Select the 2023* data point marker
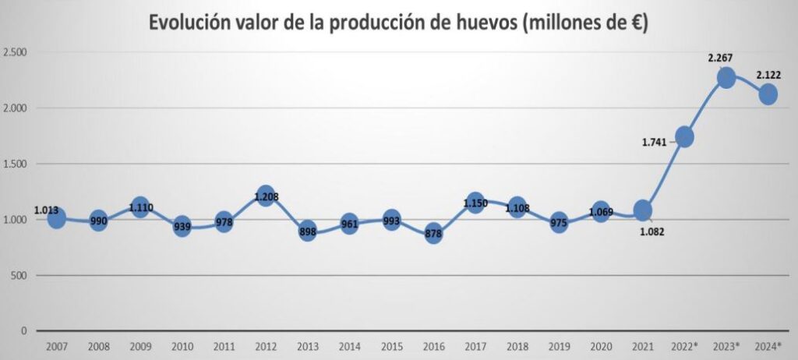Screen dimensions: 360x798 [x=726, y=77]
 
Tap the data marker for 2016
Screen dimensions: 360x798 [x=433, y=233]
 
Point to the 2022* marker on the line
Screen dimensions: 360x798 [x=685, y=136]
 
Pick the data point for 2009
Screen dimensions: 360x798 [x=139, y=207]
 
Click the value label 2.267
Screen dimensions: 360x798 [x=721, y=58]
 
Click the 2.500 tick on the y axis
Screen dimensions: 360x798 [x=16, y=53]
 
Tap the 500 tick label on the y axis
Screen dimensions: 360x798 [x=19, y=275]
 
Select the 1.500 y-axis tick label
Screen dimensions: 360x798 [x=16, y=164]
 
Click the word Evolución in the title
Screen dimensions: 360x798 [x=194, y=23]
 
